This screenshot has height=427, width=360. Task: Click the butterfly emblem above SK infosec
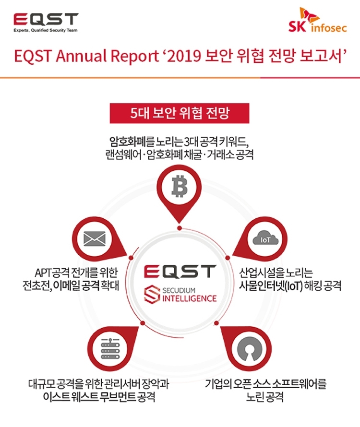tap(309, 15)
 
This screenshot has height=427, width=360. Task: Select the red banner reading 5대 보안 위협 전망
tap(180, 113)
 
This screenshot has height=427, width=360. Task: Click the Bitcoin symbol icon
tap(180, 187)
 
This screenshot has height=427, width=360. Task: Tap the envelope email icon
tap(94, 239)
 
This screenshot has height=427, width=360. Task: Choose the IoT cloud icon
tap(265, 237)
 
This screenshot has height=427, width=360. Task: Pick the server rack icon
tap(110, 349)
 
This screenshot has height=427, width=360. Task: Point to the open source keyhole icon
tap(250, 349)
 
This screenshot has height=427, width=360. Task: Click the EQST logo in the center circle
tap(180, 271)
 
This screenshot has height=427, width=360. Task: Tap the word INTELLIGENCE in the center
tap(190, 298)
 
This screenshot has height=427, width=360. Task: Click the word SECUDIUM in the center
tap(179, 290)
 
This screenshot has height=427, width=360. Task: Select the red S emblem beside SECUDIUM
tap(152, 294)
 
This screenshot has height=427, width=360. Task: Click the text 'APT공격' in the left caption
tap(52, 273)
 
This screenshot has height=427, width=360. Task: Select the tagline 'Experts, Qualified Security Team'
tap(46, 30)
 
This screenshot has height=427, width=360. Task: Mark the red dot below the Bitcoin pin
tap(180, 228)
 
